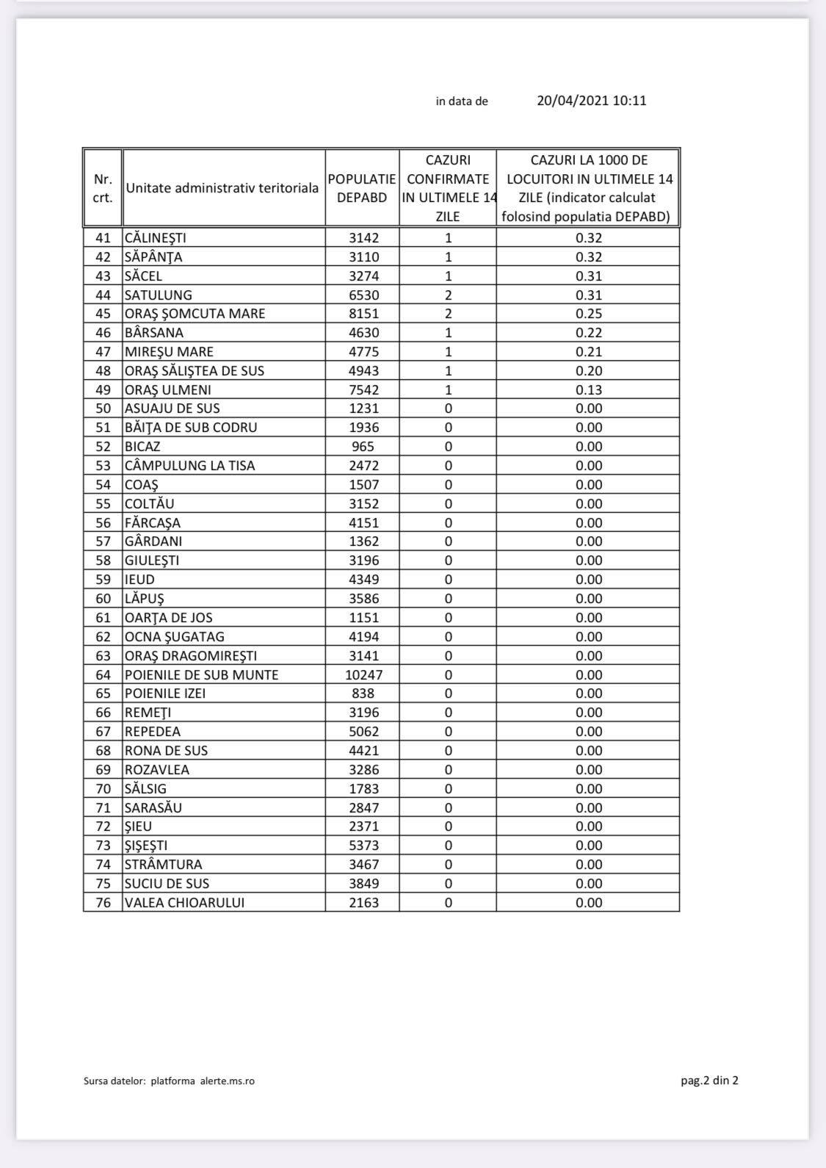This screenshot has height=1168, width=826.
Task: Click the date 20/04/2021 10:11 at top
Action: pyautogui.click(x=591, y=101)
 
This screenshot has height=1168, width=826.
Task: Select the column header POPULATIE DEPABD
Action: pyautogui.click(x=362, y=188)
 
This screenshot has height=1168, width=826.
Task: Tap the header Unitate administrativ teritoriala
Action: pyautogui.click(x=222, y=188)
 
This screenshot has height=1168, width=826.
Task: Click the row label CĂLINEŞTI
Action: pyautogui.click(x=156, y=238)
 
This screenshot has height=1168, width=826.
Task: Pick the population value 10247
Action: pyautogui.click(x=363, y=674)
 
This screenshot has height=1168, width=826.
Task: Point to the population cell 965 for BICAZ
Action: pyautogui.click(x=363, y=447)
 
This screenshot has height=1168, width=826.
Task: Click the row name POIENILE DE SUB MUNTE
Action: pyautogui.click(x=201, y=674)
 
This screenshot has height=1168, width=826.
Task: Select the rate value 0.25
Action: pyautogui.click(x=589, y=314)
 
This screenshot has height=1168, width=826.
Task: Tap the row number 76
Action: pyautogui.click(x=104, y=903)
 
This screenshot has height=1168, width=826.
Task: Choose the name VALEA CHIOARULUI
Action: pyautogui.click(x=184, y=903)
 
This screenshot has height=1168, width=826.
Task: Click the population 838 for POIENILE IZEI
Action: pyautogui.click(x=363, y=693)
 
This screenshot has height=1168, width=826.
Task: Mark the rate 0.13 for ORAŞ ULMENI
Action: pyautogui.click(x=589, y=390)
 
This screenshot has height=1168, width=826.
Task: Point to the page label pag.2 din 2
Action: pyautogui.click(x=709, y=1080)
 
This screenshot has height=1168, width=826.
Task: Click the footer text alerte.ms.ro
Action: pyautogui.click(x=228, y=1081)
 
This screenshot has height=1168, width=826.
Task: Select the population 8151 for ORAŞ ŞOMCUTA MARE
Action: pyautogui.click(x=363, y=314)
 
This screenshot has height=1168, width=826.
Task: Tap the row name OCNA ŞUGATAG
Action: pyautogui.click(x=175, y=637)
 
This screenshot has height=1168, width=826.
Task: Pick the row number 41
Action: pyautogui.click(x=104, y=238)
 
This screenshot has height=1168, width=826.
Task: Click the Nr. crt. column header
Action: pyautogui.click(x=104, y=188)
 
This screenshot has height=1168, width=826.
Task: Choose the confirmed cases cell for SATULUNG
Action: pyautogui.click(x=448, y=295)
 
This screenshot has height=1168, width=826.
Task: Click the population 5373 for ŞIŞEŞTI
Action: pyautogui.click(x=363, y=846)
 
